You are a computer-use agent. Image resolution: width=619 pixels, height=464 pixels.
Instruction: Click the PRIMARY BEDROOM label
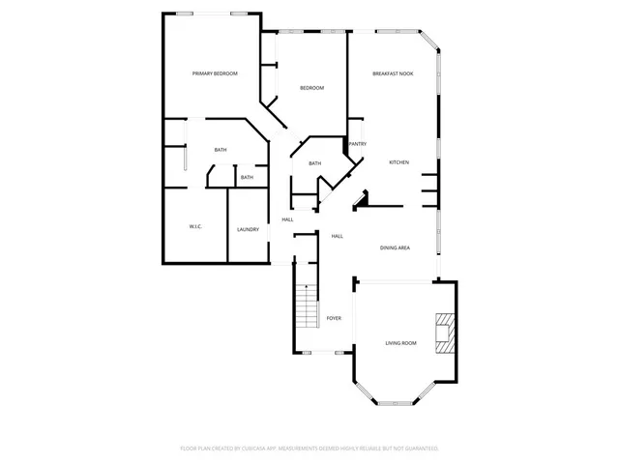(215, 73)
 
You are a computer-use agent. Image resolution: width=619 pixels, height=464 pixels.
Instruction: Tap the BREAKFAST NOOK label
(394, 73)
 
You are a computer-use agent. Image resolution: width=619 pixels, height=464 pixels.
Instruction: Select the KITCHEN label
(399, 162)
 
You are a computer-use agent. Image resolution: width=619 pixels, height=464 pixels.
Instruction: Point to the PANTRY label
(358, 144)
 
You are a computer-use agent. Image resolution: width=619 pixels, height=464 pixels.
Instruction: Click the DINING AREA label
(395, 248)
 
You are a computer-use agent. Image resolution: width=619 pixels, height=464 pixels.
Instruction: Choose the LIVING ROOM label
(401, 343)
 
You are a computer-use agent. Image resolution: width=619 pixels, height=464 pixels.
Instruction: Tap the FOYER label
(334, 318)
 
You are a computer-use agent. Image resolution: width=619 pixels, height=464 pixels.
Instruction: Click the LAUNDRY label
(248, 229)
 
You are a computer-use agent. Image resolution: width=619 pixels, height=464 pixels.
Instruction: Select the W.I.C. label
(194, 226)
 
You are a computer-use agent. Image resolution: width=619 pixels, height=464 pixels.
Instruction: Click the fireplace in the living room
(445, 332)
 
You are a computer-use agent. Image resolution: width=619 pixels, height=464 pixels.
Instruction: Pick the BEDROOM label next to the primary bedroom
(311, 88)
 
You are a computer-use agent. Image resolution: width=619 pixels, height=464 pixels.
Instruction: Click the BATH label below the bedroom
(314, 163)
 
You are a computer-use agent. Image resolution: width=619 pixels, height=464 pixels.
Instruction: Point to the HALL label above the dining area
(338, 236)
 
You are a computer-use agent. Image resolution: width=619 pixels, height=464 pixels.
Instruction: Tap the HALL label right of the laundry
(288, 219)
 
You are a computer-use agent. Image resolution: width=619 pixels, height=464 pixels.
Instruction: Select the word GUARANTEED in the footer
(420, 449)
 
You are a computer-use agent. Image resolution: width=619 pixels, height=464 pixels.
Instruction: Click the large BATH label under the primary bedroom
(221, 150)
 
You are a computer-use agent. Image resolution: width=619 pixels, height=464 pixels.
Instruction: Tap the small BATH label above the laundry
(248, 177)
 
